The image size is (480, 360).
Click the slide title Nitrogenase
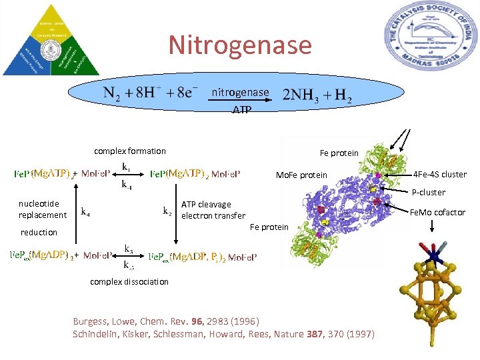click(x=240, y=45)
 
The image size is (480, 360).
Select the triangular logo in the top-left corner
click(x=51, y=40)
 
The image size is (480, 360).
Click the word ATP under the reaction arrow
click(x=241, y=109)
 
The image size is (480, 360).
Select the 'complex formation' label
click(x=130, y=151)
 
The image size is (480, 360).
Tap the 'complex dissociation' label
click(x=129, y=281)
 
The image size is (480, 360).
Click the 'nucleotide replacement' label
click(x=43, y=209)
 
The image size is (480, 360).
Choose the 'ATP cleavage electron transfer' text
click(x=213, y=210)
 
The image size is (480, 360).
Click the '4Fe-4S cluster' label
click(x=440, y=175)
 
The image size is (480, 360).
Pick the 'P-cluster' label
click(x=429, y=193)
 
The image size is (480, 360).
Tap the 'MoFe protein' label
click(x=302, y=175)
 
